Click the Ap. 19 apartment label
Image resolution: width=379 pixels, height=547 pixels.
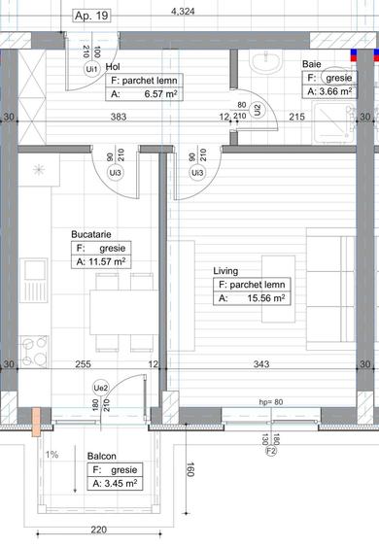pos(92,17)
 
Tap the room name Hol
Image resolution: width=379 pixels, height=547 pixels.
pos(113,66)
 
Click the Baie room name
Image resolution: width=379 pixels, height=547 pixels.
pos(310,62)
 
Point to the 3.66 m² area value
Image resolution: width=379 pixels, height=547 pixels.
pos(335,91)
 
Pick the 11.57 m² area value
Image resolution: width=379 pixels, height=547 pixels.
pos(106,261)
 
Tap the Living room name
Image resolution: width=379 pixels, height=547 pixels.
pos(225,271)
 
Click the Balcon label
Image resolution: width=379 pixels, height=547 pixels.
pos(103,455)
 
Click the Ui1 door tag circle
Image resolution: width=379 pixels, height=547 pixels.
pos(90,70)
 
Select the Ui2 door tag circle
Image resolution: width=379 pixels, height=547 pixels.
pos(257,110)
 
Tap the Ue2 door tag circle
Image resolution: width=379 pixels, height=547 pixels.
pos(99,387)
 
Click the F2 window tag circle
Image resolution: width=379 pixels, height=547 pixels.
pos(272,449)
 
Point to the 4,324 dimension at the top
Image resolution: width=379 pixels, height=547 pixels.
pos(182,12)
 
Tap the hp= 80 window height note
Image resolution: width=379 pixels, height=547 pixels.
pos(270,401)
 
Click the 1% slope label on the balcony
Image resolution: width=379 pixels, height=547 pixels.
pos(52,454)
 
